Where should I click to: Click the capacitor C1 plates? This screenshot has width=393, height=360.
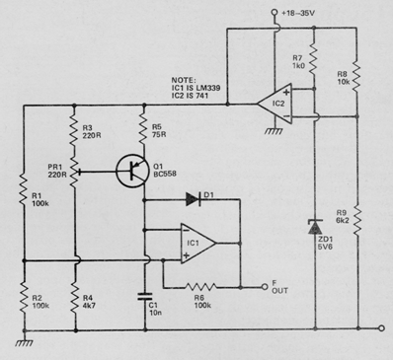point(145,293)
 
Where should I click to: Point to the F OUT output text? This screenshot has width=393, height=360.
point(278,288)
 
